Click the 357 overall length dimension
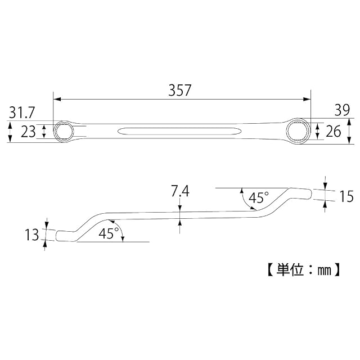point(180,90)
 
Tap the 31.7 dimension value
point(22,112)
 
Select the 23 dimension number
point(28,132)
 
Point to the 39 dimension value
point(342,110)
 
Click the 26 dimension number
point(334,131)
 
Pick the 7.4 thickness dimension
point(180,191)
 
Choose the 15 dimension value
point(346,196)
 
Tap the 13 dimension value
point(32,235)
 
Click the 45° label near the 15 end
point(259,197)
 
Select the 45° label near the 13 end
point(109,233)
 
